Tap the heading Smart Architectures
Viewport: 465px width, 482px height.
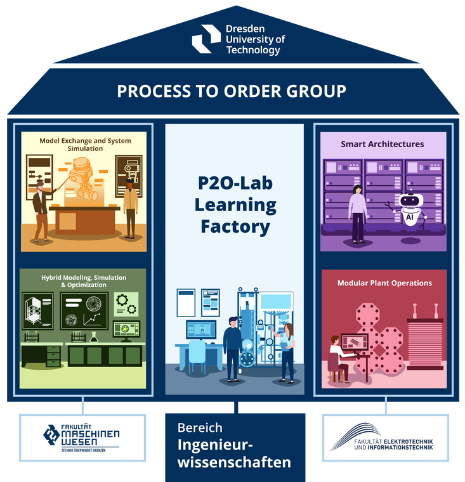click(382, 144)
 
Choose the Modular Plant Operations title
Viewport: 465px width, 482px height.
click(384, 283)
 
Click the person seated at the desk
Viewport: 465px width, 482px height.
click(337, 358)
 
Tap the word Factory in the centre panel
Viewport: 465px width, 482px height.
click(235, 226)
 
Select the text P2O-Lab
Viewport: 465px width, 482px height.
click(235, 183)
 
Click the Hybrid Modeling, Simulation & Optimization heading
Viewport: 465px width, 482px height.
click(84, 281)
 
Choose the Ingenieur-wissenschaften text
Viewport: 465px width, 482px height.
click(234, 453)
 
